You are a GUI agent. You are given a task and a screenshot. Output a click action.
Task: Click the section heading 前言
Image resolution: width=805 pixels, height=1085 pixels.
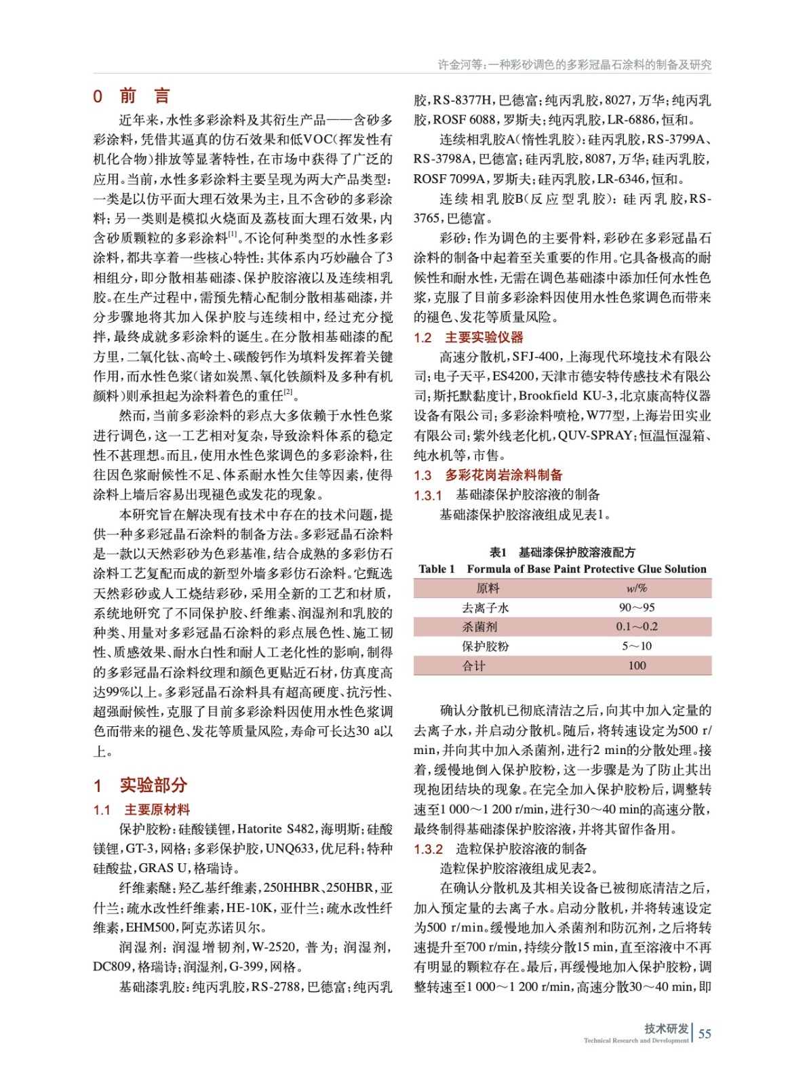[144, 96]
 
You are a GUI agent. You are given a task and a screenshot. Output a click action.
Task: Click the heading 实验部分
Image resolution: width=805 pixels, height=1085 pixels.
[153, 785]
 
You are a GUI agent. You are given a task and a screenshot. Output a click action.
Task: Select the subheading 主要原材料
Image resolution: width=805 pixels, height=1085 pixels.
[157, 809]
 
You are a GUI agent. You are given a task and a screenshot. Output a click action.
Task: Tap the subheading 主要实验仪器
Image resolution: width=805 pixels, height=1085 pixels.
[484, 337]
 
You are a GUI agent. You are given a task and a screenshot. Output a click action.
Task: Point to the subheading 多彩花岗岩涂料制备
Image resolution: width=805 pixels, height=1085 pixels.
[503, 475]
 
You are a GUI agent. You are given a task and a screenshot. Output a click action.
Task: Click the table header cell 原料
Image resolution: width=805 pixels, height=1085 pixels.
[488, 588]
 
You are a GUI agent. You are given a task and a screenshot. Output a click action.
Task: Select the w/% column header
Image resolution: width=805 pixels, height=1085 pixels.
[636, 588]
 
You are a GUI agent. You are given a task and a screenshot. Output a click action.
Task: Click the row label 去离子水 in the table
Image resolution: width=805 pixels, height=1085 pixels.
[485, 608]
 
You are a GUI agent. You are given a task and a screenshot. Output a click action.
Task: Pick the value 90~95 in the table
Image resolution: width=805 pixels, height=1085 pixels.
[636, 608]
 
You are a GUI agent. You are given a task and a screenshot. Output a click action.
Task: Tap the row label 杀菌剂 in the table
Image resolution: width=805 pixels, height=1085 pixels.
[479, 627]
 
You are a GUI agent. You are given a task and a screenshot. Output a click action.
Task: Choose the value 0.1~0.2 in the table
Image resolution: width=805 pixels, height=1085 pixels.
[636, 627]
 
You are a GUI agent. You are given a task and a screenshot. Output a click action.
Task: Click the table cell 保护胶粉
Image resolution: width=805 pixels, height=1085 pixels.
[485, 646]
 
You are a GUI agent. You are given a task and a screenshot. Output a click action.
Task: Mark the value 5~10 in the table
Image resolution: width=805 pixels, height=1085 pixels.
[636, 646]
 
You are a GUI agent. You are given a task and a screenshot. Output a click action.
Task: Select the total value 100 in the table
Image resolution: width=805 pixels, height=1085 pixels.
[636, 665]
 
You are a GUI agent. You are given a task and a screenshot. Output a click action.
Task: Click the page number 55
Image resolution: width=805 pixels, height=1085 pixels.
[705, 1033]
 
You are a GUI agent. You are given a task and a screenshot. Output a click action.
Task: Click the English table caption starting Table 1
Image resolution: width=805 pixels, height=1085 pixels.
[562, 569]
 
